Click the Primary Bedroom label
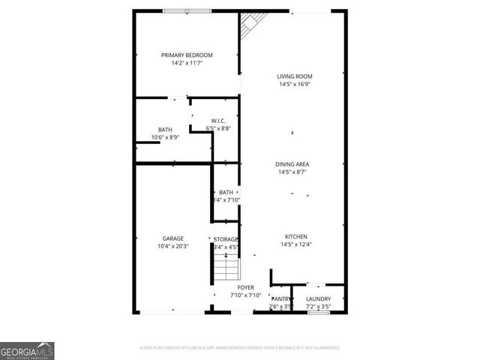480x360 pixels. (x=187, y=55)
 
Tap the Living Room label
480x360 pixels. (x=295, y=76)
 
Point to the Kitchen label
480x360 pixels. (x=295, y=236)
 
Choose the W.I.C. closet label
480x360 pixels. (x=218, y=121)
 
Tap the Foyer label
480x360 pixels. (x=245, y=287)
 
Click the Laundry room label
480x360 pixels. (x=318, y=299)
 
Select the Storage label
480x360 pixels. (x=226, y=238)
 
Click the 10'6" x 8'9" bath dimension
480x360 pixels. (x=165, y=137)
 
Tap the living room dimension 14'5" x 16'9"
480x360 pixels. (x=295, y=84)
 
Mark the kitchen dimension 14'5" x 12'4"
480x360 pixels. (x=295, y=244)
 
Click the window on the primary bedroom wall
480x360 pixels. (x=187, y=11)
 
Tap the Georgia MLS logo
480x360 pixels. (x=27, y=351)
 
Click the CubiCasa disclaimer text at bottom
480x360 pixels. (x=240, y=348)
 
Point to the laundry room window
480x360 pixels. (x=318, y=311)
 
